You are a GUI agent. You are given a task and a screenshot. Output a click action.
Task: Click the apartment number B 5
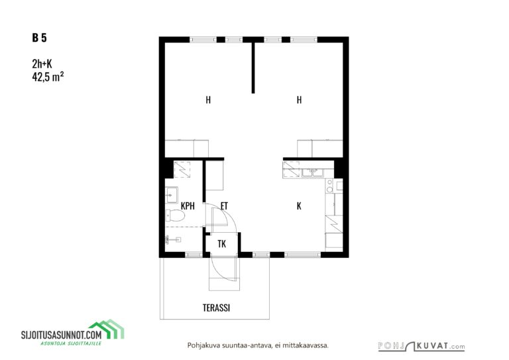coord(39,38)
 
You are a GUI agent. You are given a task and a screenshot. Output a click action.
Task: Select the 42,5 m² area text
coord(48,77)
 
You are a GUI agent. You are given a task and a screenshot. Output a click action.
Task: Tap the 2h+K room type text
coord(42,64)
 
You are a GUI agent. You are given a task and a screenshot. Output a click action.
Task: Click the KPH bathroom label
coord(188,206)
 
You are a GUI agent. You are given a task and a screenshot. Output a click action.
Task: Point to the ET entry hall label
coord(224,206)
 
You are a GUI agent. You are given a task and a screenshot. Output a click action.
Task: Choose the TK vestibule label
coord(222,244)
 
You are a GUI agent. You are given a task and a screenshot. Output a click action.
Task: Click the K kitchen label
coord(299,206)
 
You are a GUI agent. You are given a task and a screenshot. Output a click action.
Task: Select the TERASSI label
coord(216,308)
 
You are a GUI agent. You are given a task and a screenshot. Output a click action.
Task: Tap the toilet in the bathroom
coord(175,215)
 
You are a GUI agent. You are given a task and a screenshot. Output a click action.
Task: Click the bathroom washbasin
coord(171,195)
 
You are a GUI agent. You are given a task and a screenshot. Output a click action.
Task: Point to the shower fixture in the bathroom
coord(172,240)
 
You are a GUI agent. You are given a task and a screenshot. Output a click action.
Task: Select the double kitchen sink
coord(313,172)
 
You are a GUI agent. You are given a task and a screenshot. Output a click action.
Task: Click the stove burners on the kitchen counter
coord(330,186)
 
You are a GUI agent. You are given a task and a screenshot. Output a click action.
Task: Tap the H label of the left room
coord(208,99)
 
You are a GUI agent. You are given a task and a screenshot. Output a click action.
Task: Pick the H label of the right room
coord(299,99)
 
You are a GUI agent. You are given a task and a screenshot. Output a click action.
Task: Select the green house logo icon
coord(107,329)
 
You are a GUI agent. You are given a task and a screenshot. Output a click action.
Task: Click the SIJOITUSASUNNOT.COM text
coord(62,335)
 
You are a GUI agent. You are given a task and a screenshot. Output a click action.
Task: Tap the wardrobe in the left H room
coord(187,149)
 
